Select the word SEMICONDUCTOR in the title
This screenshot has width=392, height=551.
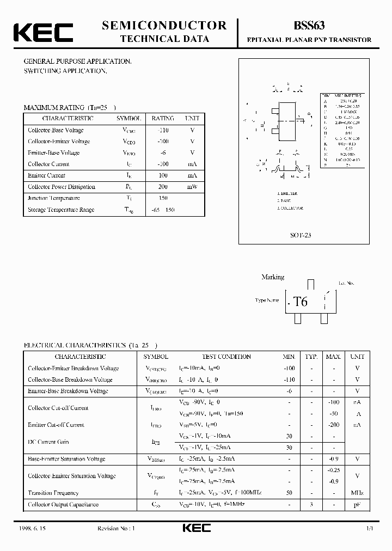pos(164,25)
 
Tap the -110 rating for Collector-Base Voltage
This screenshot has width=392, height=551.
pos(162,130)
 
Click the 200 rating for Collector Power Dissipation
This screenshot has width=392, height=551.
pos(163,187)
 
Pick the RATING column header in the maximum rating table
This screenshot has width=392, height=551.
pos(163,118)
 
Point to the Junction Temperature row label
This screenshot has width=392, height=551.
pos(54,198)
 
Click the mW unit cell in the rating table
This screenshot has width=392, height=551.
pos(192,187)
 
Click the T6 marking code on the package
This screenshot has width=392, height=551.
pos(300,302)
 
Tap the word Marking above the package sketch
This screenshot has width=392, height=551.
pos(273,277)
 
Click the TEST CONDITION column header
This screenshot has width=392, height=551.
pos(226,357)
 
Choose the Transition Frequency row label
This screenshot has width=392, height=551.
pos(53,493)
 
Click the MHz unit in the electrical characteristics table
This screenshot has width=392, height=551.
pos(357,493)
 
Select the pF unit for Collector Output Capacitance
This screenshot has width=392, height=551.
pos(357,504)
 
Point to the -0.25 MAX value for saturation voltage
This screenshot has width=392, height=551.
pos(334,470)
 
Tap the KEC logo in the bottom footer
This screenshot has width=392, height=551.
pos(195,529)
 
